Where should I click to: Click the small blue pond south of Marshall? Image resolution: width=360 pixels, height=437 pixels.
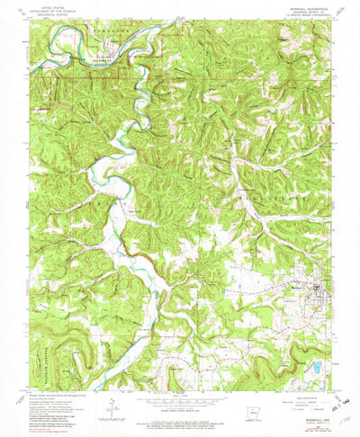pos(317,343)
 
